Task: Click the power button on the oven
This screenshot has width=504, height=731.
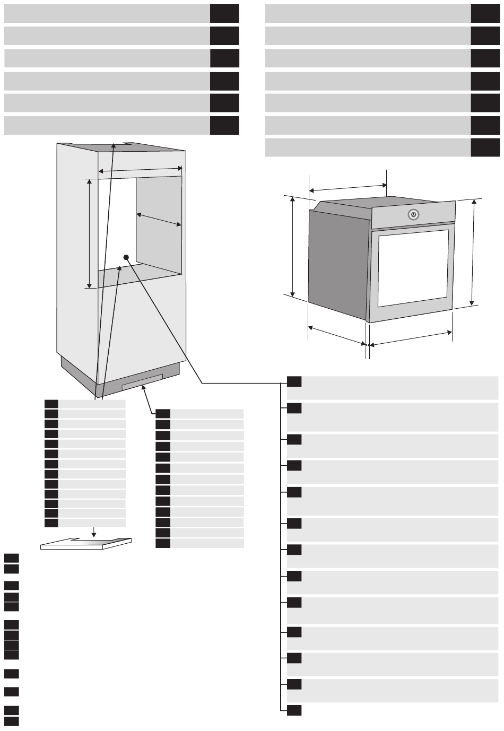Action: (x=414, y=214)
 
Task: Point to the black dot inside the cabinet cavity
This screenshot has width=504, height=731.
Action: (x=126, y=257)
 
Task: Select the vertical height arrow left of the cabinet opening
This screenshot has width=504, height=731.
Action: (x=89, y=233)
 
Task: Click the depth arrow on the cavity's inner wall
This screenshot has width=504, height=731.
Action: (x=159, y=220)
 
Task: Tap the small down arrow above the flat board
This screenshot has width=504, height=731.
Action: (x=93, y=532)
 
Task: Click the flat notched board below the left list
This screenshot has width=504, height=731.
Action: (x=85, y=543)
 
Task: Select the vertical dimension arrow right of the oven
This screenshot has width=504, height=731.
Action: (x=473, y=253)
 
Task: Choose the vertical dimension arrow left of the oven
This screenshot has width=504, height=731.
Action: (x=292, y=246)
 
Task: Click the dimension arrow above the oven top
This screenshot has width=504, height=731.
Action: (x=348, y=188)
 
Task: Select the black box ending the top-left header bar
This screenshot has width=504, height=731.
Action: (x=224, y=13)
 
